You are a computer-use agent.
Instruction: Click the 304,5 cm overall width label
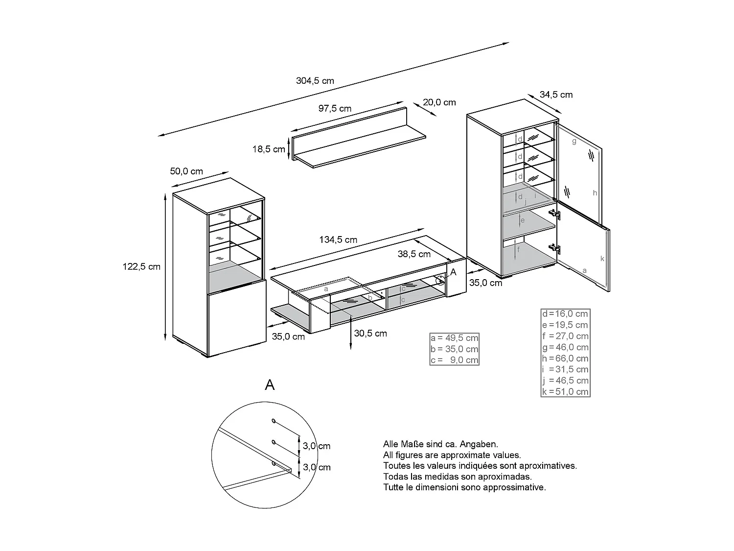[315, 81]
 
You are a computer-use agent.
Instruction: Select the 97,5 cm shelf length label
[335, 109]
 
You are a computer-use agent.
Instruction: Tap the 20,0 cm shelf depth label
[439, 102]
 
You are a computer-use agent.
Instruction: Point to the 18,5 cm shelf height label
[269, 149]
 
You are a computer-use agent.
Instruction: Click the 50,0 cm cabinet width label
[186, 171]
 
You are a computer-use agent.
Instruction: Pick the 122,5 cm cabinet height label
[141, 267]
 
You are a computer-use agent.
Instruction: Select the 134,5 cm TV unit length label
[338, 240]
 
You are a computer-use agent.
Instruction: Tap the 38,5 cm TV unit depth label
[414, 254]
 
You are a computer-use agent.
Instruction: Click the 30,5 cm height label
[370, 334]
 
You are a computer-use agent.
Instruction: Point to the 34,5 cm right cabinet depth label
[556, 95]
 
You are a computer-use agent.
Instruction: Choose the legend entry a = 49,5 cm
[454, 338]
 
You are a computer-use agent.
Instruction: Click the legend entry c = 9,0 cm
[454, 360]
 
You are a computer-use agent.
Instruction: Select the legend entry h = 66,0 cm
[565, 358]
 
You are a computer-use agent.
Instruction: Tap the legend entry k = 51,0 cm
[565, 391]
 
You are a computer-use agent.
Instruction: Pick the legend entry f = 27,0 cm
[565, 336]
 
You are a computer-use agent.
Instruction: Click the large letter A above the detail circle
[270, 385]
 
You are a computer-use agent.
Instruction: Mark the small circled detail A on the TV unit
[441, 280]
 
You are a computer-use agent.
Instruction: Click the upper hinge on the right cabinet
[554, 214]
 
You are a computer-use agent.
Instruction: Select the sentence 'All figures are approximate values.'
[452, 455]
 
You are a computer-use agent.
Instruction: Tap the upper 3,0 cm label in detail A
[316, 446]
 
